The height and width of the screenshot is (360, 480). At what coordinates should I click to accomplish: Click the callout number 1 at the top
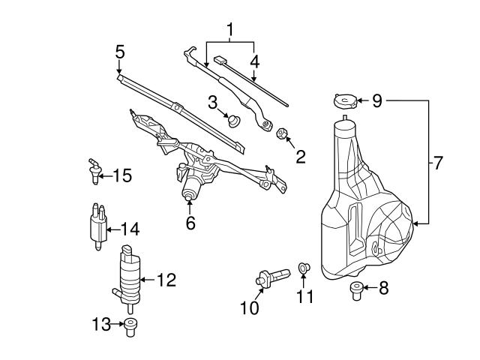click(231, 31)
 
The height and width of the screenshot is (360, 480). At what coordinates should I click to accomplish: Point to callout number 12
click(166, 280)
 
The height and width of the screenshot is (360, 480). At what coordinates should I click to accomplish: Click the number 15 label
click(121, 175)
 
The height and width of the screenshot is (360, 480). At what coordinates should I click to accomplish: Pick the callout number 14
click(130, 229)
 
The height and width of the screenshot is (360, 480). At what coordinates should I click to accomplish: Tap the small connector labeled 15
click(94, 171)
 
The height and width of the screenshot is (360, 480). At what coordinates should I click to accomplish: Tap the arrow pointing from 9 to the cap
click(359, 100)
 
